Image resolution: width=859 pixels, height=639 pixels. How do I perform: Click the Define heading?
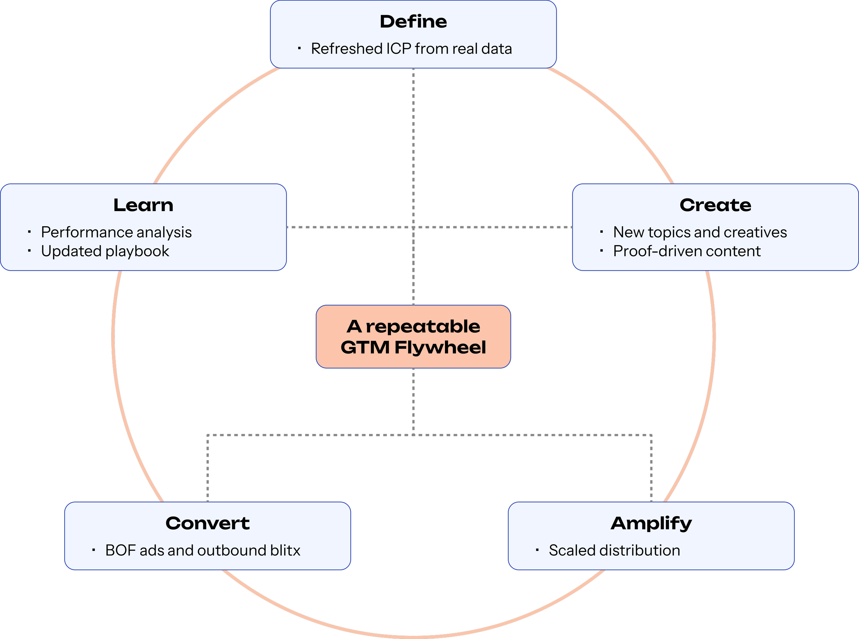pyautogui.click(x=413, y=22)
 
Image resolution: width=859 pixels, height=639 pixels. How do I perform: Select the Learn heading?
pyautogui.click(x=143, y=205)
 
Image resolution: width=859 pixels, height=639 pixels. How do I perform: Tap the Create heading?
pyautogui.click(x=715, y=205)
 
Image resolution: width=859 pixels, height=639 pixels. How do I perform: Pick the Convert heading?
pyautogui.click(x=208, y=523)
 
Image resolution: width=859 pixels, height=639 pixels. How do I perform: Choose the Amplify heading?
pyautogui.click(x=651, y=523)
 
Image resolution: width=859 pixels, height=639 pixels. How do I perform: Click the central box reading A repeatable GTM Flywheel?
pyautogui.click(x=413, y=336)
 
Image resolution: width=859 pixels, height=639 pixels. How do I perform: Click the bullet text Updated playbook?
pyautogui.click(x=105, y=251)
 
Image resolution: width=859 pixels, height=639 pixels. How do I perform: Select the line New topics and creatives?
pyautogui.click(x=700, y=232)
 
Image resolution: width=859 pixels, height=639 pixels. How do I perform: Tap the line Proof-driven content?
pyautogui.click(x=687, y=251)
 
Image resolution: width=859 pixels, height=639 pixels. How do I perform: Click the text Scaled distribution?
pyautogui.click(x=614, y=550)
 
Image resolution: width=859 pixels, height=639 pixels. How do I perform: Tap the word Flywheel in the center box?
pyautogui.click(x=440, y=347)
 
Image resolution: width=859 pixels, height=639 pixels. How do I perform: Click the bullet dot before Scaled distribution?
pyautogui.click(x=537, y=550)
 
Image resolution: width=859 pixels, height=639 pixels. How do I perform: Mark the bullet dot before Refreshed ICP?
pyautogui.click(x=299, y=48)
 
